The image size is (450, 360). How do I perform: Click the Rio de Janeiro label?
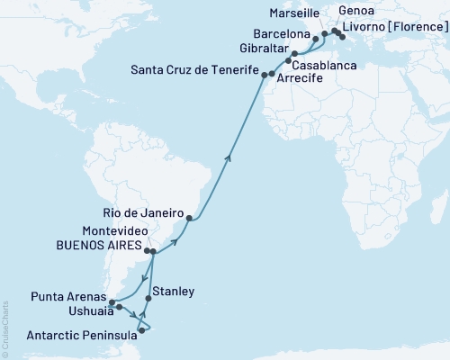(143, 212)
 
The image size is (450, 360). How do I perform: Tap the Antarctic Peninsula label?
(69, 334)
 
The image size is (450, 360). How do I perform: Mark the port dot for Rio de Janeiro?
(189, 217)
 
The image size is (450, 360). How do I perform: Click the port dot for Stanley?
(148, 298)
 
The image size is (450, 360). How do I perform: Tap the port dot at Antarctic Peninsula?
(141, 330)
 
